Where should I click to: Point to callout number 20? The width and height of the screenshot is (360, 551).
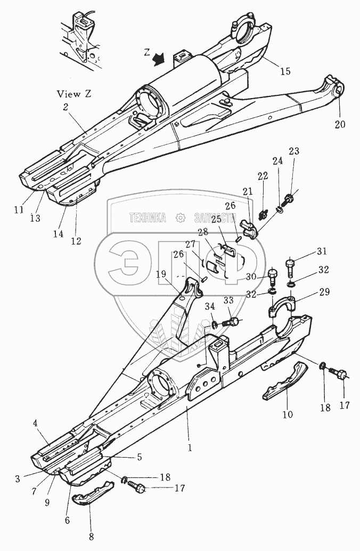coord(340,125)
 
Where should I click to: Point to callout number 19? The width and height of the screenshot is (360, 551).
coord(161,274)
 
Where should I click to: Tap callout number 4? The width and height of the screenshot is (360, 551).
coord(35,424)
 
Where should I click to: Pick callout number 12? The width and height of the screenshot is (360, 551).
coord(76,241)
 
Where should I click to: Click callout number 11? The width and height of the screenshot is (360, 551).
coord(19,210)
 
